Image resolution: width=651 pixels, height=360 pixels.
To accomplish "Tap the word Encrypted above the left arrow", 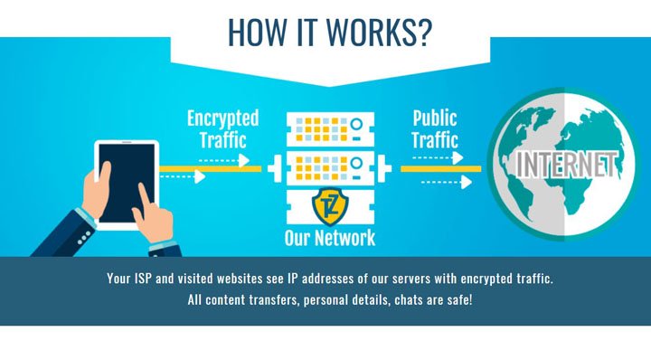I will tap(222, 118).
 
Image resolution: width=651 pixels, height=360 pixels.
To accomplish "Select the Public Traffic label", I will tap(435, 128).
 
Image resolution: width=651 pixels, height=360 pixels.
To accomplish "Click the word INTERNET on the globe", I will tap(566, 165).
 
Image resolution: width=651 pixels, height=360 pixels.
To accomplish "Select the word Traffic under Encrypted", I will tap(222, 140).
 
